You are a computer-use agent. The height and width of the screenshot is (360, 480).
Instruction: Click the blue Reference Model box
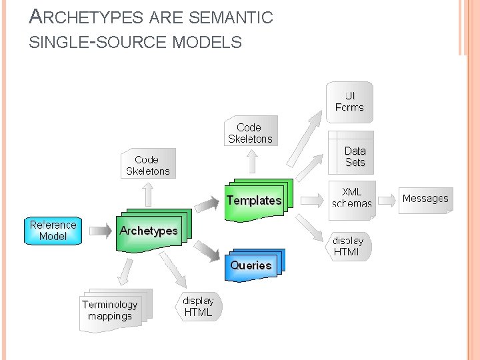[53, 231]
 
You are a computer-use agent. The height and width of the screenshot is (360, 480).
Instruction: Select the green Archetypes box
[149, 231]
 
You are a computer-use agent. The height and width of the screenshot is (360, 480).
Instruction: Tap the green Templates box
[255, 201]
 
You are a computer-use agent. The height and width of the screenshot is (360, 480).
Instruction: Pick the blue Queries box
[251, 265]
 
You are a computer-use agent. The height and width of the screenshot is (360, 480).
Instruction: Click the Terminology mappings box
[111, 311]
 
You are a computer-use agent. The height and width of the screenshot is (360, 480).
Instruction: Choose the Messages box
[425, 199]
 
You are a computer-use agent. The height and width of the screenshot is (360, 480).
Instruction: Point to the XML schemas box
[352, 198]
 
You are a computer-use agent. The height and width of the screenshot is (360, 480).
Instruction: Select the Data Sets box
[354, 157]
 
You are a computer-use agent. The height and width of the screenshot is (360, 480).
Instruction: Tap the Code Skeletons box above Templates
[251, 133]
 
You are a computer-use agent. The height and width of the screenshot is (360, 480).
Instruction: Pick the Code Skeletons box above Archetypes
[148, 165]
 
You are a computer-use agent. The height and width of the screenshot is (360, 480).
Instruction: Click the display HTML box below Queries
[199, 307]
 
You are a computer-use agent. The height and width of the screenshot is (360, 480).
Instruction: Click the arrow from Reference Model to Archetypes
[100, 231]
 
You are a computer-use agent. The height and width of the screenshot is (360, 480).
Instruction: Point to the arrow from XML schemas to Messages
[387, 199]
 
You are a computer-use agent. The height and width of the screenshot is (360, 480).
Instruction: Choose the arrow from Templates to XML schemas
[311, 199]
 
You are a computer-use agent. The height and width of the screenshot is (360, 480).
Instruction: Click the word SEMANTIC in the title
[235, 18]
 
